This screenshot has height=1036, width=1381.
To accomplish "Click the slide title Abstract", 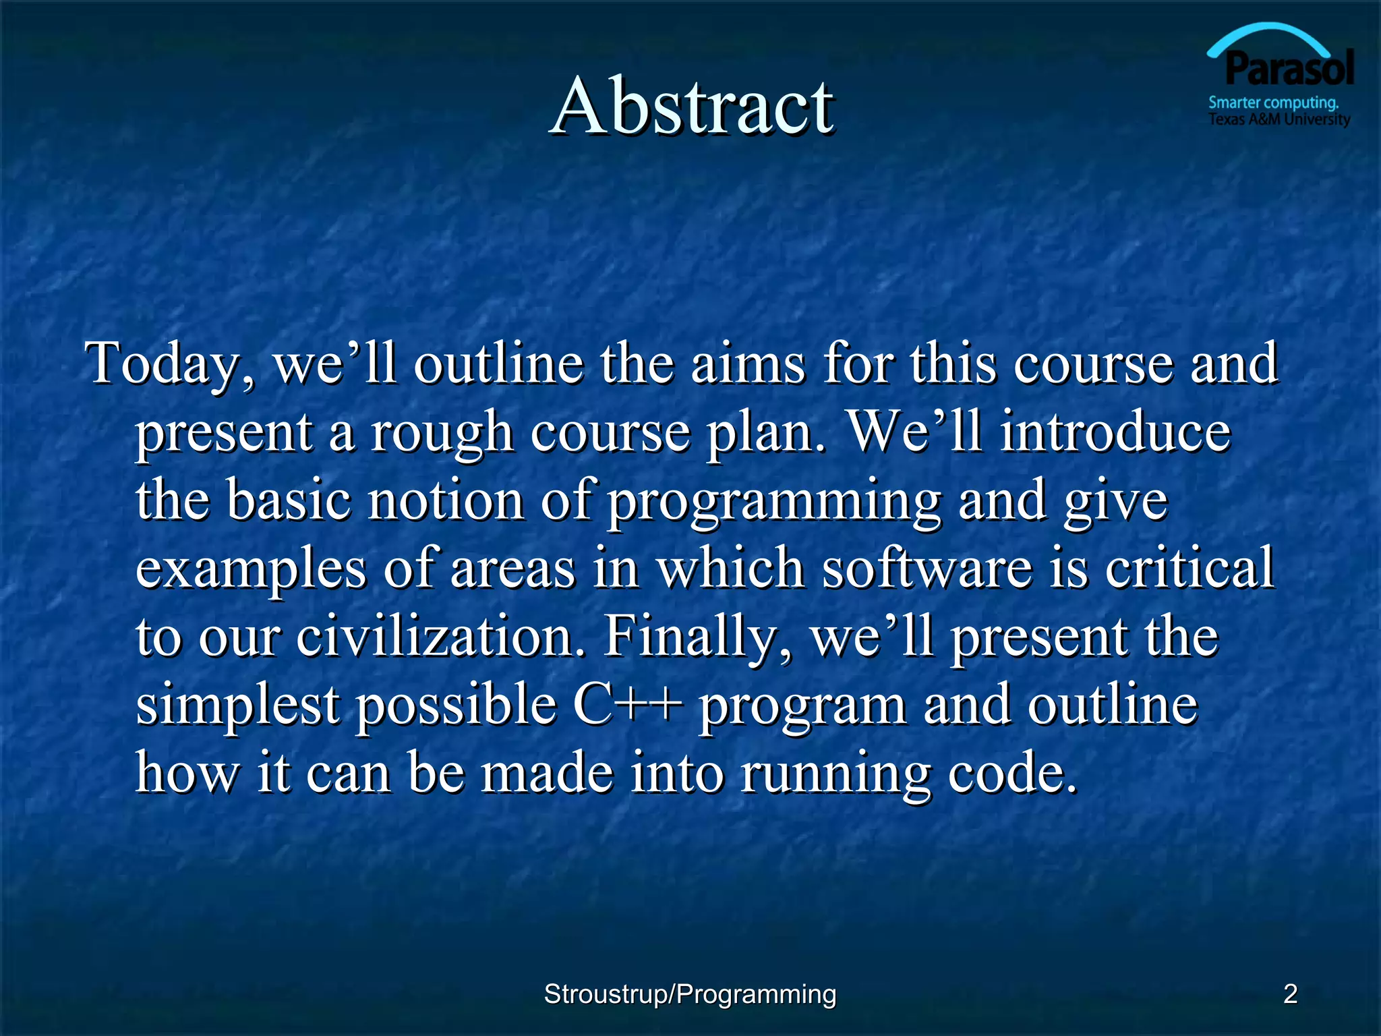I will click(692, 107).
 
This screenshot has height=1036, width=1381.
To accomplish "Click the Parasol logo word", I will click(1289, 69).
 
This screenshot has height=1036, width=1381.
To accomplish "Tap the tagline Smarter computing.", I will click(1272, 103).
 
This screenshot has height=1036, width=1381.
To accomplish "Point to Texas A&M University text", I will click(1279, 120).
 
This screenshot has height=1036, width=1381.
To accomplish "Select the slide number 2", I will click(1290, 994).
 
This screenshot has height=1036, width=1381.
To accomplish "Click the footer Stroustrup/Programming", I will click(690, 994).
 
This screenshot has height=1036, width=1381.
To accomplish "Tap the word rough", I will click(442, 433).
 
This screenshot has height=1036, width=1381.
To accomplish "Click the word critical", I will click(1189, 568).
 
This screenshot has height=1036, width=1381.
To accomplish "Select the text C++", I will click(627, 705).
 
